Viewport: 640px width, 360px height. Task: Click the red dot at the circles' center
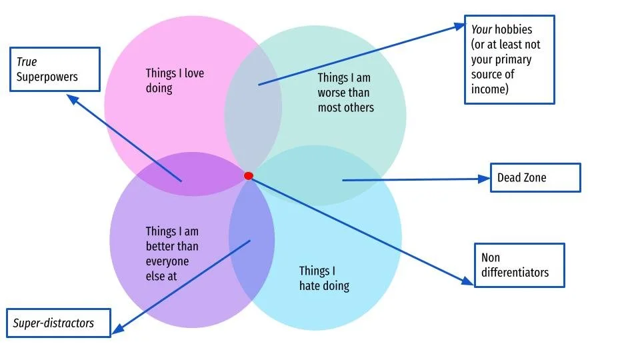(249, 176)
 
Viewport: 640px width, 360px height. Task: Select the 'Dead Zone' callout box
(535, 178)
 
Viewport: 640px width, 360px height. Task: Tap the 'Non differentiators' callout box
(519, 265)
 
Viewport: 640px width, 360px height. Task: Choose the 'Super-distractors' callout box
(59, 323)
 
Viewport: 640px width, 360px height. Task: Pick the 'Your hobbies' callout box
(509, 59)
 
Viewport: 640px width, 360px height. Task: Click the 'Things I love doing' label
(175, 80)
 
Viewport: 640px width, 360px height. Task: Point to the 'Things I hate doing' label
(323, 278)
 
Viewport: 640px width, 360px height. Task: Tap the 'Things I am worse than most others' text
(345, 93)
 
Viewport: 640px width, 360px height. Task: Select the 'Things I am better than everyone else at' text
(172, 253)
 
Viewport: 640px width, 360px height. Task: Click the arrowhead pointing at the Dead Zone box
(485, 179)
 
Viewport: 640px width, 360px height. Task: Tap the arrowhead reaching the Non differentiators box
(468, 282)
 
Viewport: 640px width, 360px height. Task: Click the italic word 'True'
(27, 62)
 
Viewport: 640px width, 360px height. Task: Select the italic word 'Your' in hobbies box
(482, 30)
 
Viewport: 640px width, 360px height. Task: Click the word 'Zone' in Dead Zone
(534, 178)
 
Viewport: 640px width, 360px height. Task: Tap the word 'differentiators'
(515, 272)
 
